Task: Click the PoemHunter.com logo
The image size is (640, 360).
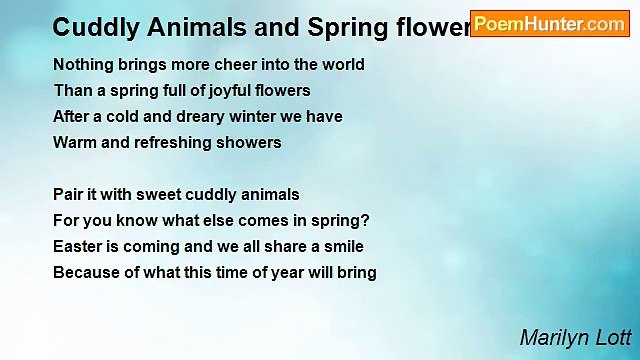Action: (549, 24)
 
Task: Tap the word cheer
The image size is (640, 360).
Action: (240, 65)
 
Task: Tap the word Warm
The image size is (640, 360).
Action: (73, 143)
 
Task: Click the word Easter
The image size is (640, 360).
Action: (77, 247)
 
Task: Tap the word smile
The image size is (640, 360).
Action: (342, 247)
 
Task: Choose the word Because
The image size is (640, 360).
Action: (86, 273)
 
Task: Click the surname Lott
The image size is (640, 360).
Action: (614, 338)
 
